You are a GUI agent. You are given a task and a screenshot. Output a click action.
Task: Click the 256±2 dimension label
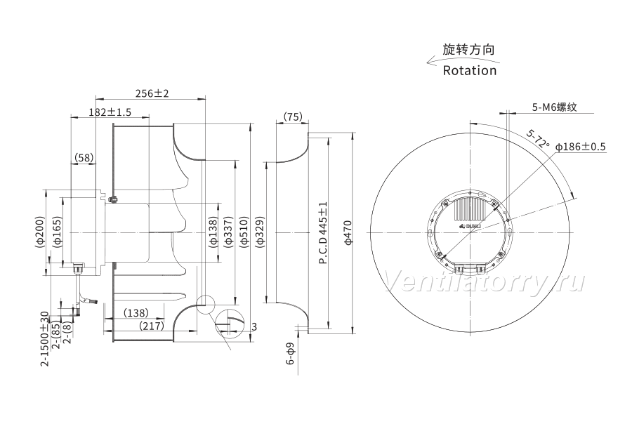pos(152,93)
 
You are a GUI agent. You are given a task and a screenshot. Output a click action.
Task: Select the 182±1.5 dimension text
pos(110,112)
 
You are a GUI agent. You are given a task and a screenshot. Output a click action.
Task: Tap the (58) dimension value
pos(84,157)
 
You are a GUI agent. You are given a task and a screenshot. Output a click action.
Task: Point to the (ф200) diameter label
pos(39,232)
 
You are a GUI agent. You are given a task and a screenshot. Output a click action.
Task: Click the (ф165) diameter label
pos(58,232)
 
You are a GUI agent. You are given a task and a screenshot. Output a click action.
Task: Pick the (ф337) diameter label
pos(228,232)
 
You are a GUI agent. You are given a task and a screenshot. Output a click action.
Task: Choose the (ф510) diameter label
pos(244,232)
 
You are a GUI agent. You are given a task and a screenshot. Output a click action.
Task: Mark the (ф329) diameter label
pos(260,232)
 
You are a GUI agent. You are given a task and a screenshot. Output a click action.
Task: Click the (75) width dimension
pos(293,117)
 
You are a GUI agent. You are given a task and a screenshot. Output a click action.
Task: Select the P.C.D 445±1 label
pos(323,233)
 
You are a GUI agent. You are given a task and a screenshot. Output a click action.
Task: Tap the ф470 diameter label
pos(348,232)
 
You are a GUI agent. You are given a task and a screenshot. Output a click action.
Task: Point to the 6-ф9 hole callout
pos(290,354)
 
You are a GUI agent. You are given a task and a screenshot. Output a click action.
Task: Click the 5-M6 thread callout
pos(555,107)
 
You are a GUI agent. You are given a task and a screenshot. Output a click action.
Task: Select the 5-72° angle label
pos(539,138)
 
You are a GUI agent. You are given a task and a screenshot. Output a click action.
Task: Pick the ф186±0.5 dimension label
pos(581,147)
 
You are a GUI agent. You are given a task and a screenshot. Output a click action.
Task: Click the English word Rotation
pos(470,70)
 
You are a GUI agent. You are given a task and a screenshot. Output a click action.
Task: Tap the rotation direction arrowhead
pos(430,62)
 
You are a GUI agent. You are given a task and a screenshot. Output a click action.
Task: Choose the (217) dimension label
pos(152,326)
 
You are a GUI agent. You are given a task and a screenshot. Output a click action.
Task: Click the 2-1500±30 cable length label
pos(45,338)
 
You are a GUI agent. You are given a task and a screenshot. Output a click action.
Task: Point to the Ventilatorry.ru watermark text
pos(484,281)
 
